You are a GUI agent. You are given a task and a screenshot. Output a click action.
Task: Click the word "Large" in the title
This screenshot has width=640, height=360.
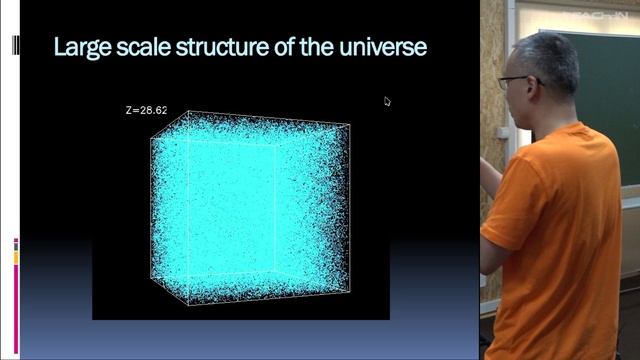[x=81, y=47]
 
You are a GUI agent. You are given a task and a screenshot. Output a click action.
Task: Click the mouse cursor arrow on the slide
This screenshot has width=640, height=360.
[x=387, y=100]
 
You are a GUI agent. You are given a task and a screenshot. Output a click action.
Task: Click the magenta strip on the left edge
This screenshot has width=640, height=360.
[x=15, y=300]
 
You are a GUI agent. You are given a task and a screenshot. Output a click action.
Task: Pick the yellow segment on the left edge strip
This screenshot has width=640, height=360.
[x=15, y=258]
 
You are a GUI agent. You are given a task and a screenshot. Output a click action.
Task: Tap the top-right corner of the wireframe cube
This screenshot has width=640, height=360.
[x=349, y=125]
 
